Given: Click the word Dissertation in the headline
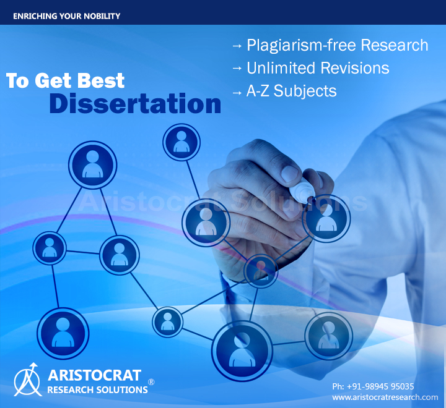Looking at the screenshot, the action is click(x=135, y=104).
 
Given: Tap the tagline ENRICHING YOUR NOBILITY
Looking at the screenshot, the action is click(x=66, y=16).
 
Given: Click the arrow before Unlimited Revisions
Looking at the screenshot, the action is click(x=237, y=68).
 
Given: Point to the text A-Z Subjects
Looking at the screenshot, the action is click(x=291, y=91).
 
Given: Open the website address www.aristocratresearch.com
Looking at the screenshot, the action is click(x=385, y=397).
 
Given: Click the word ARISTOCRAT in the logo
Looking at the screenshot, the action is click(x=94, y=375).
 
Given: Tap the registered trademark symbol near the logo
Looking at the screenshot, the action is click(x=151, y=382).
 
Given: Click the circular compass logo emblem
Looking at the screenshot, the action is click(x=27, y=380).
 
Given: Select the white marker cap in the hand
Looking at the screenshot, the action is click(x=303, y=189).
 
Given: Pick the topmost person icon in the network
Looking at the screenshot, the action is click(x=181, y=142).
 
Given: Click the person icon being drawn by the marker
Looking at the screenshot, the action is click(x=326, y=218).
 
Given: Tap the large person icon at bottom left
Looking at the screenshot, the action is click(x=63, y=333).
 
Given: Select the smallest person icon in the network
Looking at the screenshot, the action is click(x=167, y=322).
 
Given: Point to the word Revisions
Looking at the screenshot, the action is click(x=355, y=68).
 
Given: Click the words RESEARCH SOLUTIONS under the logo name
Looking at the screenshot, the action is click(x=97, y=390).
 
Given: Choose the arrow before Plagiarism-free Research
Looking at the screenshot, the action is click(x=237, y=45).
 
